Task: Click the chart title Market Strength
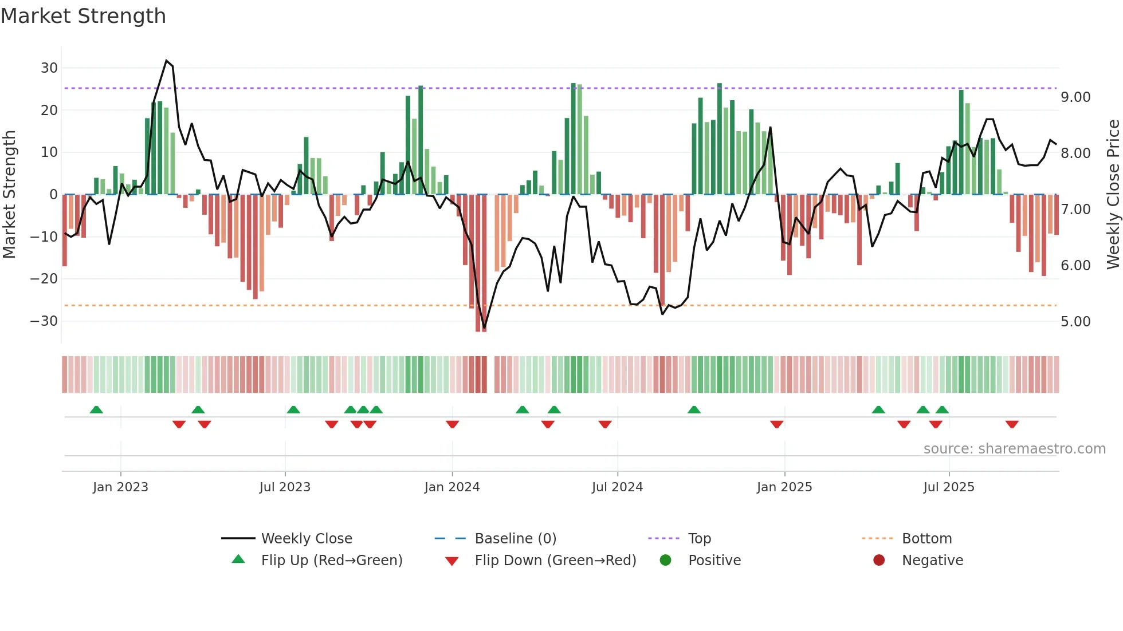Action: pyautogui.click(x=83, y=16)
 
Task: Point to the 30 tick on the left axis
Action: pyautogui.click(x=49, y=68)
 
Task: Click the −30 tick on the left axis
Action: pyautogui.click(x=44, y=321)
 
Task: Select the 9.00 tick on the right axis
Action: pyautogui.click(x=1075, y=97)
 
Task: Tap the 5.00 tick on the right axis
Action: pyautogui.click(x=1075, y=322)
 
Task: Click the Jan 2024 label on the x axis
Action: pyautogui.click(x=452, y=487)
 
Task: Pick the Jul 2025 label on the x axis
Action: pyautogui.click(x=949, y=487)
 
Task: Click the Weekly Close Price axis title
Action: pyautogui.click(x=1113, y=195)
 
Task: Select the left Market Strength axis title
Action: pyautogui.click(x=10, y=195)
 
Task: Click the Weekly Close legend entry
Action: pyautogui.click(x=307, y=539)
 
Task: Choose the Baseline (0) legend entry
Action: pyautogui.click(x=515, y=539)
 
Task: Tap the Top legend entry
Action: pyautogui.click(x=699, y=539)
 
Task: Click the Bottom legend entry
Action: pyautogui.click(x=926, y=539)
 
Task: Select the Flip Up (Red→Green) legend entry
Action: pyautogui.click(x=332, y=561)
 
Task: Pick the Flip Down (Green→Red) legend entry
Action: pyautogui.click(x=555, y=561)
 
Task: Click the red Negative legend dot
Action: pyautogui.click(x=879, y=560)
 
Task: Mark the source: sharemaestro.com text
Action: pyautogui.click(x=1014, y=449)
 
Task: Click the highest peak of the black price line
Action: pyautogui.click(x=167, y=61)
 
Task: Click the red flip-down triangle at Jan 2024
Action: pyautogui.click(x=453, y=424)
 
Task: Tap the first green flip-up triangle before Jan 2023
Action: pyautogui.click(x=96, y=409)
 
